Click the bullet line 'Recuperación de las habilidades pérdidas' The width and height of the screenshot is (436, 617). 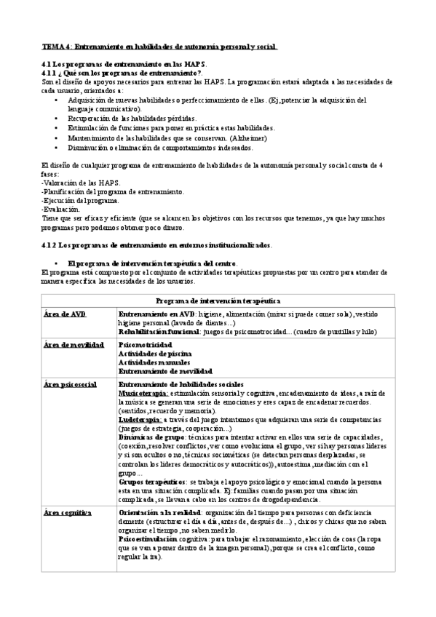tap(143, 117)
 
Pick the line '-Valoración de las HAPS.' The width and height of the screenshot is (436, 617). tap(81, 183)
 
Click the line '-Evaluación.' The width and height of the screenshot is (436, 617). tap(61, 209)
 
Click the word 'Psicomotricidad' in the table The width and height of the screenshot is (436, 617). tap(145, 343)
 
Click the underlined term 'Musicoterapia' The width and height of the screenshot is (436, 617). tap(143, 392)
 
